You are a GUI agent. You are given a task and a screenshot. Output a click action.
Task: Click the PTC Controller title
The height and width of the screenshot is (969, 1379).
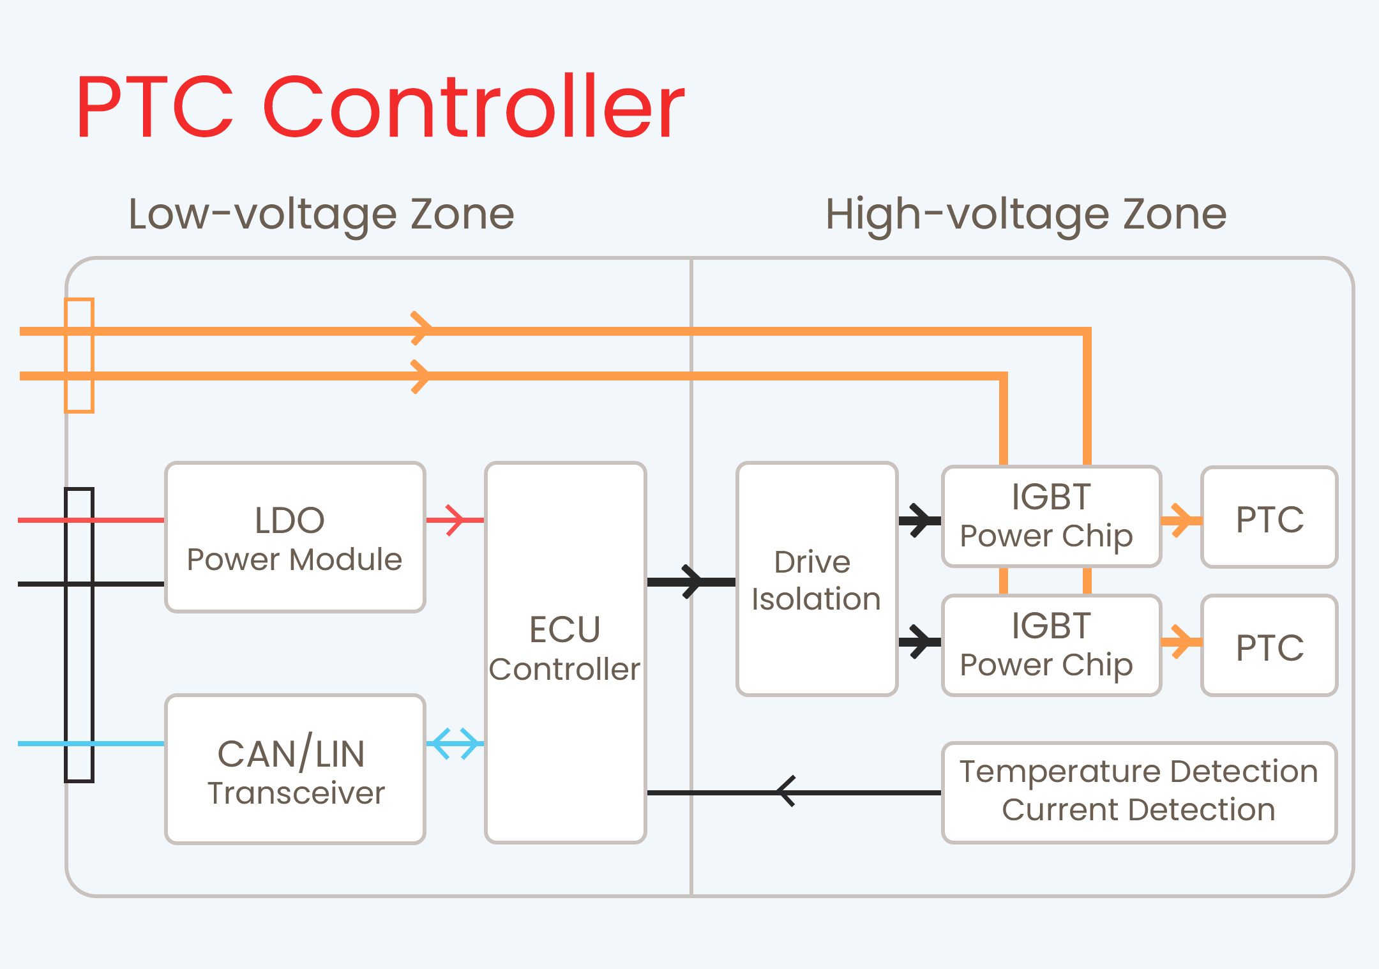coord(380,107)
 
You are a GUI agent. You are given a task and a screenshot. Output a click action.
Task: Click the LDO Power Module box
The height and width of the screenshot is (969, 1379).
coord(295,537)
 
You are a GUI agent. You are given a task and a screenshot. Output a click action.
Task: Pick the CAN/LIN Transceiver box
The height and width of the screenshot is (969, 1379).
coord(295,769)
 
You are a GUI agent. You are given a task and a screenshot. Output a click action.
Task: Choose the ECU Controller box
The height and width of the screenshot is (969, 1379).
coord(566,651)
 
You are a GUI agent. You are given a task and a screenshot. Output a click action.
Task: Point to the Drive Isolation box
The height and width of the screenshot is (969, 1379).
coord(817,579)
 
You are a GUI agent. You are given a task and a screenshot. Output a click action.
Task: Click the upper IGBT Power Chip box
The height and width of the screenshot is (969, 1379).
coord(1051,516)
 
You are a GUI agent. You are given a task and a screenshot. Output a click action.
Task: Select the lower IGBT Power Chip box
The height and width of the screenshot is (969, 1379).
coord(1051,645)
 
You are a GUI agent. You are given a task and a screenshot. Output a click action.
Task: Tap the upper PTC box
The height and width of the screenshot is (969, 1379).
coord(1269,518)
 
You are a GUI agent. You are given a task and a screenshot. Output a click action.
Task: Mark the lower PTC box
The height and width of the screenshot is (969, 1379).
coord(1269,646)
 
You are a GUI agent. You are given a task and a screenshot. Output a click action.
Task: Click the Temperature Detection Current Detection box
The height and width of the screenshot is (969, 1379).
coord(1139,792)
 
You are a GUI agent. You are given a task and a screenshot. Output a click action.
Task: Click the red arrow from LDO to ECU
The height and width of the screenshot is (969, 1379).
coord(455,520)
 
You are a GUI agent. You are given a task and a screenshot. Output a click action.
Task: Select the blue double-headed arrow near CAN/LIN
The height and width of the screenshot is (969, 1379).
coord(455,744)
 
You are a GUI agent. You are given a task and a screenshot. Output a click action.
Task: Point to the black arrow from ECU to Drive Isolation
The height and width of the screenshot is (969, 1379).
coord(692,582)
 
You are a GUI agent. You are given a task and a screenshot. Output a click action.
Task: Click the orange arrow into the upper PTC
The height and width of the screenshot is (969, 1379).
coord(1181,521)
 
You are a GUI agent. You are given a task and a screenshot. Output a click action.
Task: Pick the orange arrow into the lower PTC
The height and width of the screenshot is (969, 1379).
coord(1181,642)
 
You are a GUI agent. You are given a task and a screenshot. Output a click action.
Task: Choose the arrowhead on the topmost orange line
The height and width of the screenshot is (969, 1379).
coord(421,329)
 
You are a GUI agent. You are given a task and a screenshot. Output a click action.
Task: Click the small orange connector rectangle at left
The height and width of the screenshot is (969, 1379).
coord(79,356)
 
